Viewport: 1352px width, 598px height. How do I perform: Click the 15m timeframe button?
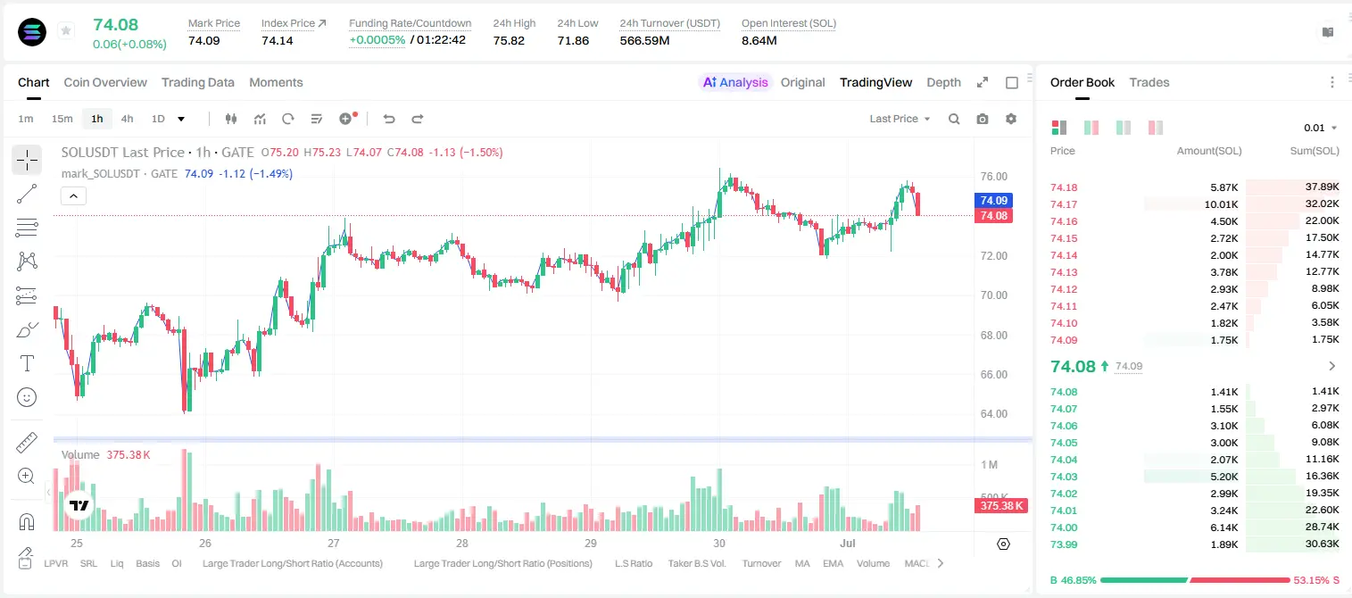[x=62, y=119]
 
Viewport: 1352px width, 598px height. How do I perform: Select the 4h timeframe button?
[x=127, y=119]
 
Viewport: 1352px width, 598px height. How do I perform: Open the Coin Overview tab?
[x=105, y=82]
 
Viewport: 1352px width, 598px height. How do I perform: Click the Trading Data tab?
[x=198, y=82]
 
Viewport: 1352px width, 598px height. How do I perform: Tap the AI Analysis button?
[x=735, y=82]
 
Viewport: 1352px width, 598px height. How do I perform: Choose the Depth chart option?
[x=943, y=82]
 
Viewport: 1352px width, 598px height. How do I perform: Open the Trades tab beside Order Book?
[x=1149, y=82]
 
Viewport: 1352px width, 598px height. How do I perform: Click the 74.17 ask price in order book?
[x=1064, y=204]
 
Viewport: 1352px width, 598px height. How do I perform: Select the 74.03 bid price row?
[x=1064, y=477]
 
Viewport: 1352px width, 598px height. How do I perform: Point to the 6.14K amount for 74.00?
[x=1224, y=527]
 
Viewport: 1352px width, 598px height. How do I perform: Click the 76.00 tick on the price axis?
[x=994, y=177]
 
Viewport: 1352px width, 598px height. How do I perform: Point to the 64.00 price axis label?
[x=994, y=414]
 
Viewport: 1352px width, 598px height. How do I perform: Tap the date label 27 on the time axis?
[x=333, y=543]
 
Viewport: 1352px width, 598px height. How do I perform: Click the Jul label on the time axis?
[x=848, y=543]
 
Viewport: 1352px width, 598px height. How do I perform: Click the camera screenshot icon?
[x=983, y=119]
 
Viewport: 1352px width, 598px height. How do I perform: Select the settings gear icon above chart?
[x=1011, y=119]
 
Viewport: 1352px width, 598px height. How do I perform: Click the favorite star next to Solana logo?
[x=66, y=30]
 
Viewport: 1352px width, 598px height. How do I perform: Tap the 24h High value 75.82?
[x=509, y=40]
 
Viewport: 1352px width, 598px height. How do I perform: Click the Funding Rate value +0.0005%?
[x=377, y=40]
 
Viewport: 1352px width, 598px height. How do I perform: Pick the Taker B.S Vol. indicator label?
[x=696, y=563]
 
